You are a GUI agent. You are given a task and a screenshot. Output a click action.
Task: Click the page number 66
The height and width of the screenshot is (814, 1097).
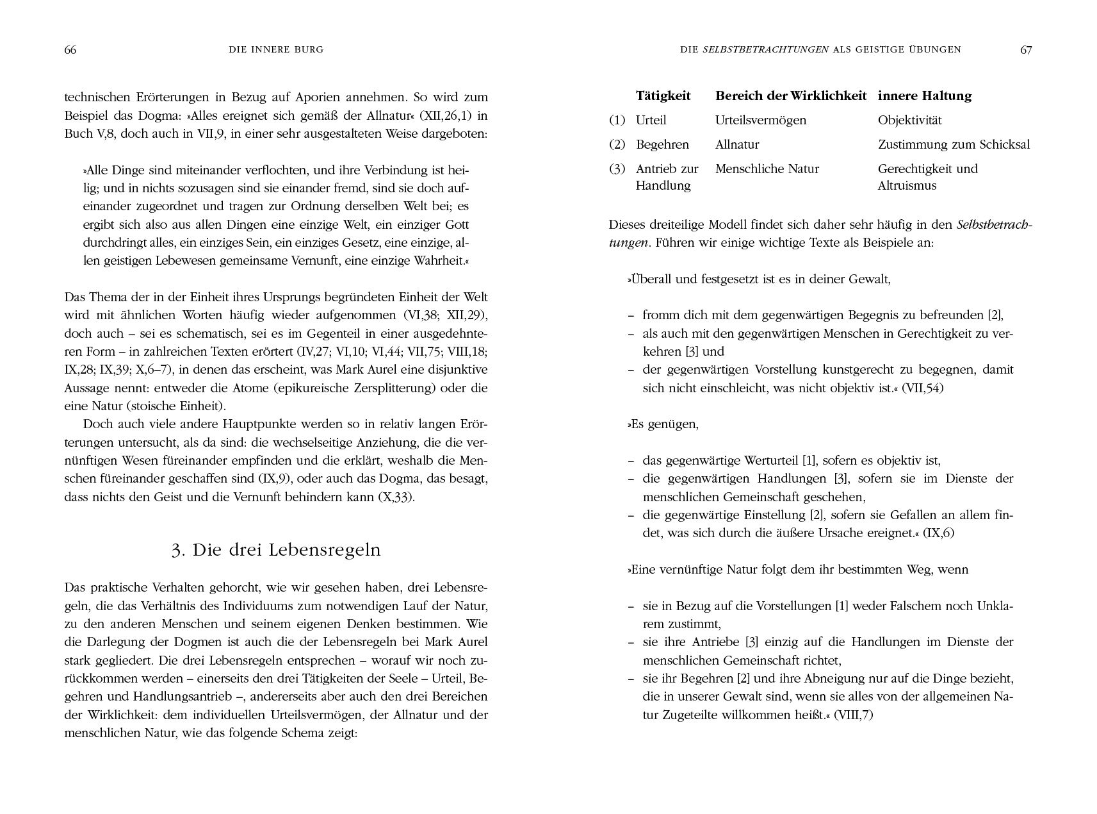click(70, 50)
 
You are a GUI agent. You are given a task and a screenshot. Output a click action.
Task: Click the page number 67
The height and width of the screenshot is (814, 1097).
click(1026, 50)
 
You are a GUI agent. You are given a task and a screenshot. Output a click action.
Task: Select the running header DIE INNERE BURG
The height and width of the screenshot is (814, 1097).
click(276, 49)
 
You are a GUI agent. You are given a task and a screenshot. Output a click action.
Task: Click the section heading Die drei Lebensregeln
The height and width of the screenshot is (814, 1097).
click(276, 550)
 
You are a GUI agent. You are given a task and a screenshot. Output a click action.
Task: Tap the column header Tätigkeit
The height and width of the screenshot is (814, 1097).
click(663, 96)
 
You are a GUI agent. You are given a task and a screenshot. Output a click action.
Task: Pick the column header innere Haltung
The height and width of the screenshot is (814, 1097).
click(924, 96)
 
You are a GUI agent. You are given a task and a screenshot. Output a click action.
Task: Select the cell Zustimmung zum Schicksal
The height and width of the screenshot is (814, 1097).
click(954, 145)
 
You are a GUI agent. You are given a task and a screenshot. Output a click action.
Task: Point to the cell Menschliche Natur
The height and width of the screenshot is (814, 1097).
click(767, 169)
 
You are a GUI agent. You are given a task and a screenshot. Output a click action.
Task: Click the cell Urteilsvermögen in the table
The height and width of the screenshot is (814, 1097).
click(760, 120)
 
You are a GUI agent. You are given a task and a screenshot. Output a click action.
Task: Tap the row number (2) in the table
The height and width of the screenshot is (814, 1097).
click(617, 145)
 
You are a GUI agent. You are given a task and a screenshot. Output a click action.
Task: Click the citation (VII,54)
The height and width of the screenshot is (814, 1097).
click(922, 388)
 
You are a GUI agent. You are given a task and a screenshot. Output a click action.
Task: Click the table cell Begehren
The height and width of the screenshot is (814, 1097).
click(662, 145)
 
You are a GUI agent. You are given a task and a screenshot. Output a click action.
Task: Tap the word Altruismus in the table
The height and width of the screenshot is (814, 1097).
click(907, 186)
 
